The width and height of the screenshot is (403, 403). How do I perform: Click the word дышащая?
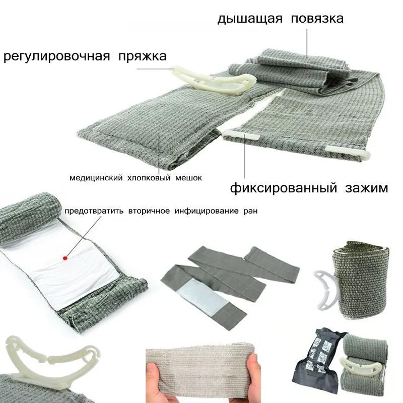click(x=250, y=19)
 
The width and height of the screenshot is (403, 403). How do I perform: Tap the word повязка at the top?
click(x=317, y=19)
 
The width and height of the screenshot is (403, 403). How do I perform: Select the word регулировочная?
click(x=56, y=56)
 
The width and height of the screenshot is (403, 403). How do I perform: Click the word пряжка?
click(x=143, y=56)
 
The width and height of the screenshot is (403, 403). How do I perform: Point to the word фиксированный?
click(x=283, y=188)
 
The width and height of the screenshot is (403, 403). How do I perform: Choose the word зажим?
click(x=366, y=188)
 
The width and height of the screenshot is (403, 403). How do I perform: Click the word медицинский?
click(x=96, y=178)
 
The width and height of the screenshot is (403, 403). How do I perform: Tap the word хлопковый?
click(x=149, y=178)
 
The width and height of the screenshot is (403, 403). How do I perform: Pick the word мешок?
click(x=188, y=178)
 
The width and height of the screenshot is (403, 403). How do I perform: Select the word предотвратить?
click(x=94, y=211)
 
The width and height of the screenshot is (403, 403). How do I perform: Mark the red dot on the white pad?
click(x=65, y=258)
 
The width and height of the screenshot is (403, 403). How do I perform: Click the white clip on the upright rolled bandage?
click(x=324, y=289)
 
